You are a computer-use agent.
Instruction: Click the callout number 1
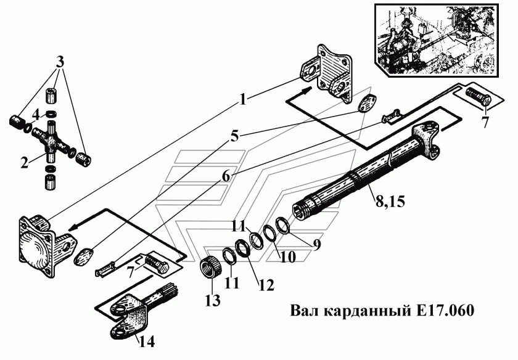[x=244, y=99]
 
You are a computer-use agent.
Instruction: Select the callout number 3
[x=59, y=62]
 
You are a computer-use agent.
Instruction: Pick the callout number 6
[x=226, y=175]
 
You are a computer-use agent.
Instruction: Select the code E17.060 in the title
[x=443, y=311]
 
